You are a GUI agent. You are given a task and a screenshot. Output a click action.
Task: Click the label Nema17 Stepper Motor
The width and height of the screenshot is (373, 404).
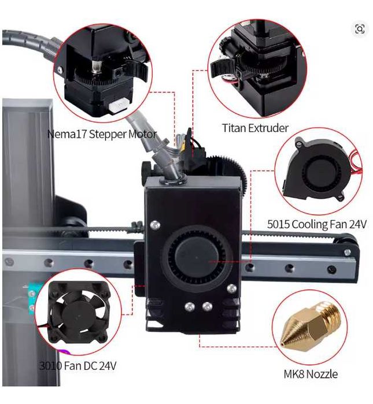point(102,134)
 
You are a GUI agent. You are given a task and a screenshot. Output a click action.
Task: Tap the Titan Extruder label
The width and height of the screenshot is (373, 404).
point(254,128)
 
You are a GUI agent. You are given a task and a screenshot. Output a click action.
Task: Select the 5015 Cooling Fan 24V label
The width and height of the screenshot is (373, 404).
point(317,224)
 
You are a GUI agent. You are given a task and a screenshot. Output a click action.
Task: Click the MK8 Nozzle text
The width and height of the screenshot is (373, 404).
point(310,374)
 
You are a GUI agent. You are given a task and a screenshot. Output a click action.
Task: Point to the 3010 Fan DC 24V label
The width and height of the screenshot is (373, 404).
point(82,365)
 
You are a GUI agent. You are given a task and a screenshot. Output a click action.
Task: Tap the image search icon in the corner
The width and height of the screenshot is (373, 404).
point(360,29)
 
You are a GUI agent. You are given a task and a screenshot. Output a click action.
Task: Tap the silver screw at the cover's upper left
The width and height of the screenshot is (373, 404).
point(154,224)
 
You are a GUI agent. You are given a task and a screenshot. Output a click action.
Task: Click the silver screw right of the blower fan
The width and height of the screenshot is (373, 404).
point(232,288)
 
